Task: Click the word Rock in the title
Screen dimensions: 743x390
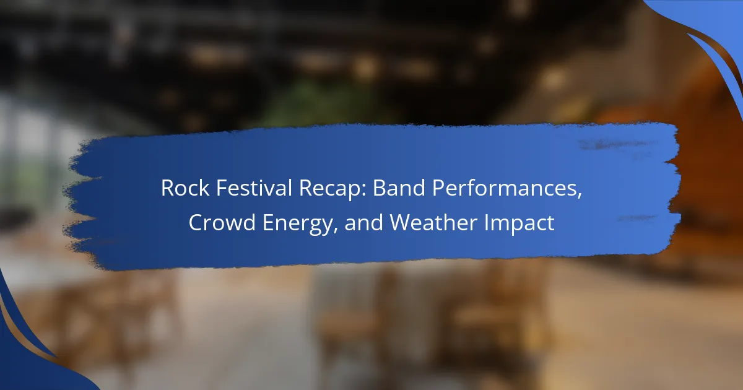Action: click(185, 188)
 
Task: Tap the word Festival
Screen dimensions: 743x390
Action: click(254, 188)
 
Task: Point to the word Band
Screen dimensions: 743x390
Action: click(399, 188)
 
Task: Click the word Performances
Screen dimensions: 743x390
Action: click(504, 189)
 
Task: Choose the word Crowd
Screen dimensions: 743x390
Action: click(222, 222)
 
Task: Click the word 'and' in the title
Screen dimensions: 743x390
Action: click(364, 222)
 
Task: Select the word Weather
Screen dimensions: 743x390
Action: click(433, 222)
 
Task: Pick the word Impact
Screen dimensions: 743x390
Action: click(519, 223)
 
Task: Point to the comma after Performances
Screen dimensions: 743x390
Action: click(579, 196)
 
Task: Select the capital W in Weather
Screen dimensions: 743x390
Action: click(401, 222)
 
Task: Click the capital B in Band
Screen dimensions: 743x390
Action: click(380, 188)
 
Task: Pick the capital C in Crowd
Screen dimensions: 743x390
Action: click(196, 222)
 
